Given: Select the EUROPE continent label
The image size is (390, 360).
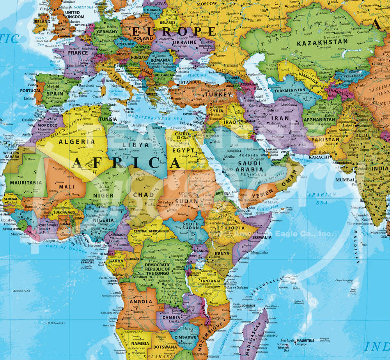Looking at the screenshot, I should (174, 31).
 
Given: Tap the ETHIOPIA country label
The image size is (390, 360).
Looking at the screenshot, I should (231, 228).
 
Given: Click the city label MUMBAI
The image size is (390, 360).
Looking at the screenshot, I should (345, 180).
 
